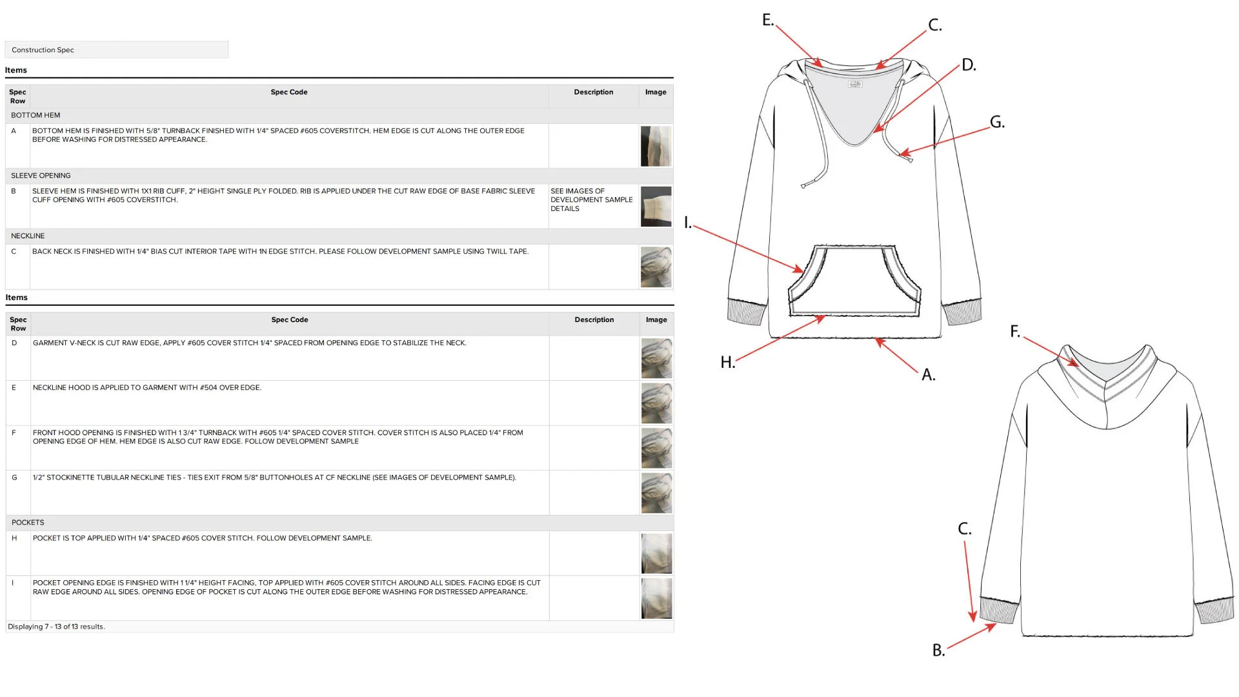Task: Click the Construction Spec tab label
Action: coord(43,50)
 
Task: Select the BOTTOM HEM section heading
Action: coord(35,115)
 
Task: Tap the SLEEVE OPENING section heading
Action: coord(41,176)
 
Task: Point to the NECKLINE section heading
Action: coord(28,236)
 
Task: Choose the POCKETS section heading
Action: coord(28,522)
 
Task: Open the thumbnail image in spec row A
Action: coord(656,146)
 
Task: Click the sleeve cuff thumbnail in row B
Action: coord(656,207)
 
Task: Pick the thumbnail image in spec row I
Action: coord(656,598)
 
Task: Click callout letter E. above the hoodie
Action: coord(768,20)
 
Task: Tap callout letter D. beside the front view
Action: coord(969,65)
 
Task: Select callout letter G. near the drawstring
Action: coord(997,121)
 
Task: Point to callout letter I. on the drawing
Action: coord(688,223)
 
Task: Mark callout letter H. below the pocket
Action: coord(728,362)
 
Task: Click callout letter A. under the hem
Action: coord(929,374)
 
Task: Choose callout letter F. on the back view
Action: coord(1015,331)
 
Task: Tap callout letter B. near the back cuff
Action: coord(938,650)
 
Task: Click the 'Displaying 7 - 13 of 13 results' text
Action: coord(56,627)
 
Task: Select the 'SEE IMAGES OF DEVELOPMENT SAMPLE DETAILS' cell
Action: coord(591,200)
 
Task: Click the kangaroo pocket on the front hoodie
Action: coord(854,281)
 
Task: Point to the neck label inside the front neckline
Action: coord(855,84)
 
